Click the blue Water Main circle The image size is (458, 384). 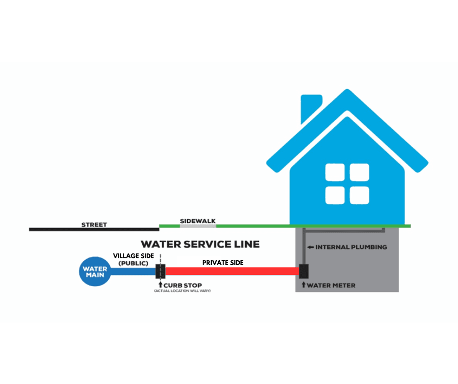click(95, 272)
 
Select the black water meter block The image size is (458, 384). click(304, 271)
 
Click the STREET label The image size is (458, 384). click(94, 225)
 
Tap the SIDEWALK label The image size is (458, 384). click(197, 221)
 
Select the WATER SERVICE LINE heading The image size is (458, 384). click(200, 244)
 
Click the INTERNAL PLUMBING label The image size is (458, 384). click(351, 247)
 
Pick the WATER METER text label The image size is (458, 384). click(331, 285)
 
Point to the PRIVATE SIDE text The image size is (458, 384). click(223, 263)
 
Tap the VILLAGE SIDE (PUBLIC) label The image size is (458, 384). click(134, 259)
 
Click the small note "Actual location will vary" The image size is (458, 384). click(182, 291)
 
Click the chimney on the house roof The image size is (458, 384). click(310, 107)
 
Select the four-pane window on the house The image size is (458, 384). click(347, 184)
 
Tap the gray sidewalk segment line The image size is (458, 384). click(198, 226)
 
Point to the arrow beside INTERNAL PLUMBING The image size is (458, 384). click(310, 247)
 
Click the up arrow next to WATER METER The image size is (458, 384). click(304, 285)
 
